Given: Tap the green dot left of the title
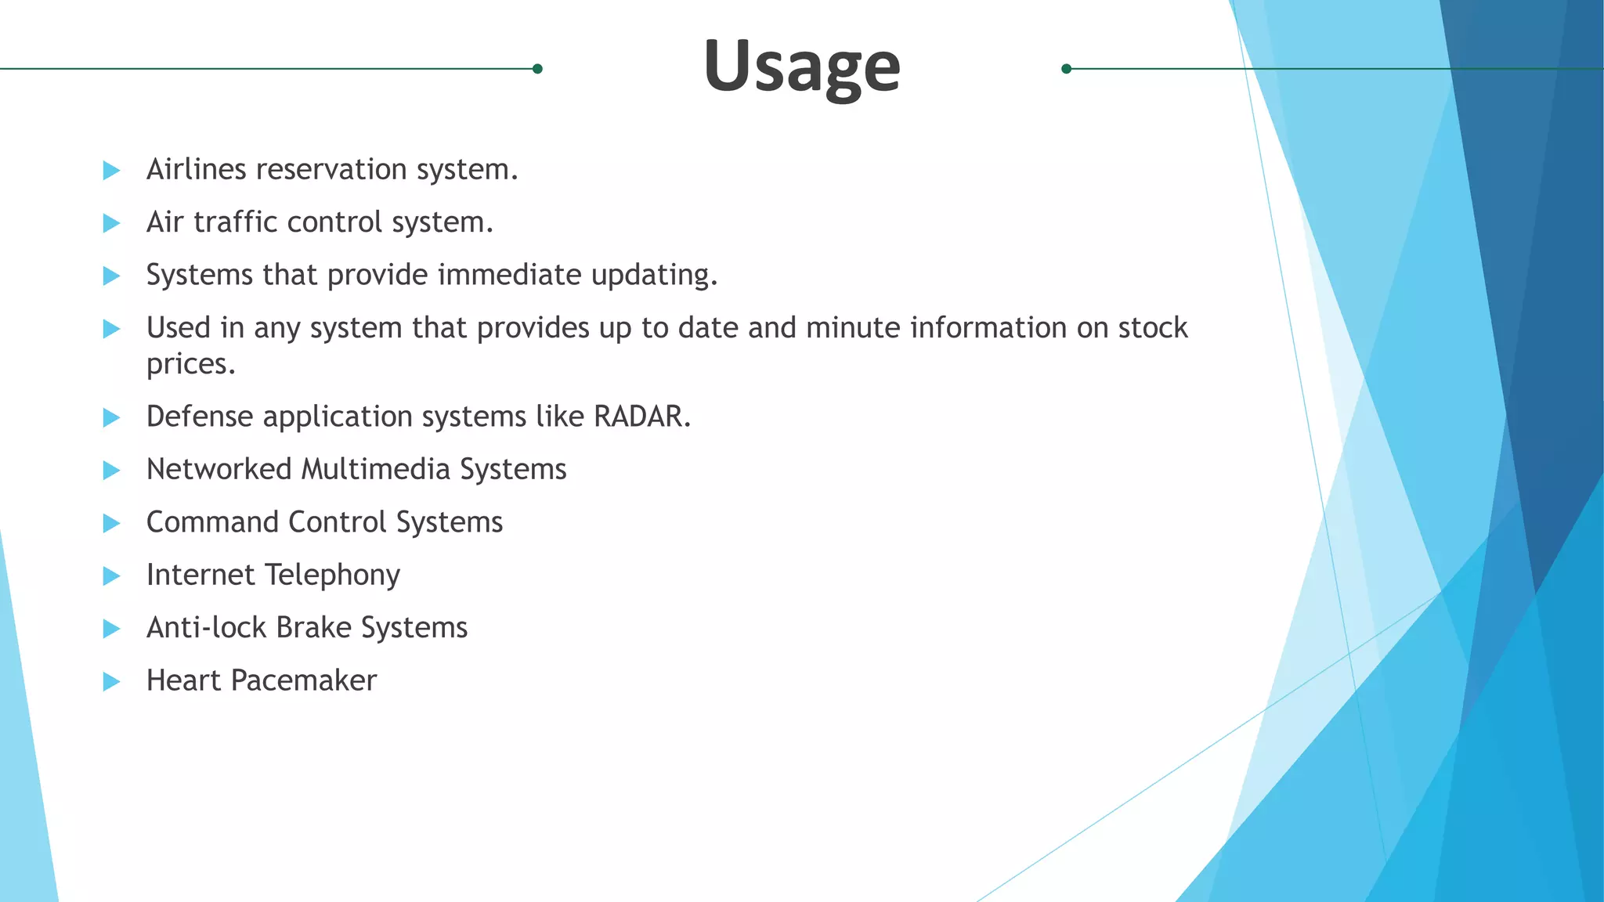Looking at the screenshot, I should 537,69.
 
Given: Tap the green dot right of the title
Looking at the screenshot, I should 1066,69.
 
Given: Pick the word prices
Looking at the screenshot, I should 190,364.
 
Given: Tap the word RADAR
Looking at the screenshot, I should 641,417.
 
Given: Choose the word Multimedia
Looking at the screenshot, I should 376,470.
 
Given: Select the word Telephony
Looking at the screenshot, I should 333,575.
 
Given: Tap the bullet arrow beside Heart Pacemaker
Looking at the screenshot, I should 111,681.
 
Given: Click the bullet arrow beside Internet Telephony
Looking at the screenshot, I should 111,576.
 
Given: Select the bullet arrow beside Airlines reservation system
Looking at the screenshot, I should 111,170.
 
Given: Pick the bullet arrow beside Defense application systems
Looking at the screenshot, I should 111,417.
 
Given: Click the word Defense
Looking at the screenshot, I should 200,417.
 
